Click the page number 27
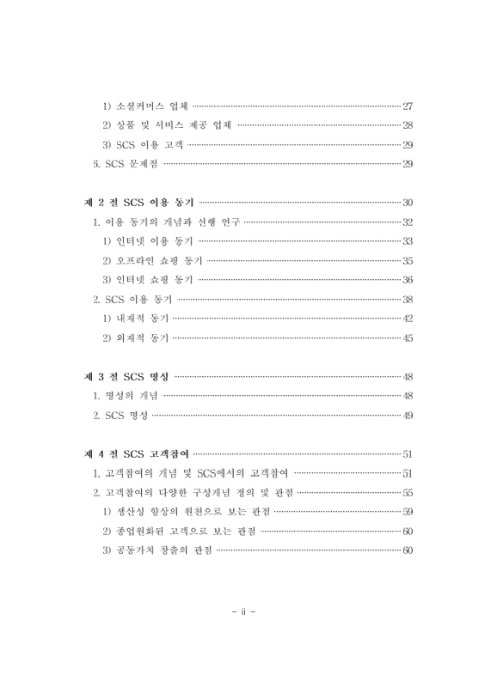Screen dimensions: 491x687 pyautogui.click(x=408, y=106)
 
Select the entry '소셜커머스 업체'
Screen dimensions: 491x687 pyautogui.click(x=146, y=106)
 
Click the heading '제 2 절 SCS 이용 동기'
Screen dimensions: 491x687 pyautogui.click(x=138, y=203)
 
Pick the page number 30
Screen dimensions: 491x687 pyautogui.click(x=408, y=203)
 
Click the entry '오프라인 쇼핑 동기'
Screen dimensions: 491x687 pyautogui.click(x=152, y=260)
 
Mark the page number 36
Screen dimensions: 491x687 pyautogui.click(x=408, y=279)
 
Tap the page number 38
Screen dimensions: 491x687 pyautogui.click(x=408, y=299)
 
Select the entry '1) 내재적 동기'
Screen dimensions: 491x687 pyautogui.click(x=135, y=318)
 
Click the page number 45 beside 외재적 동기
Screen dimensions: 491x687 pyautogui.click(x=408, y=337)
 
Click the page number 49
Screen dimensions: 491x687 pyautogui.click(x=408, y=416)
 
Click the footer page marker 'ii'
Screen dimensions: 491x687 pyautogui.click(x=245, y=612)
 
